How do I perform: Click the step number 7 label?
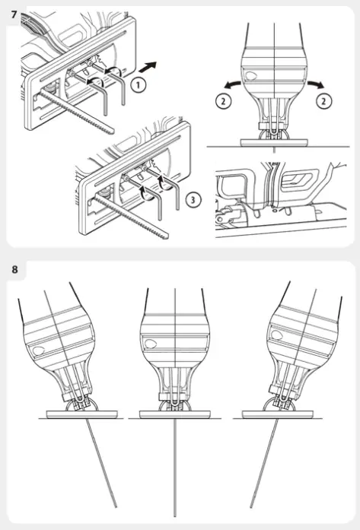click(x=14, y=15)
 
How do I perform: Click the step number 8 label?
click(x=14, y=270)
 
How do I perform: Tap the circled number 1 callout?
click(x=138, y=85)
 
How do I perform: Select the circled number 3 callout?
click(x=193, y=199)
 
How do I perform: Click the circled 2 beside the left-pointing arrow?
click(x=223, y=100)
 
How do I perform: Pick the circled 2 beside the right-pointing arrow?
click(x=323, y=100)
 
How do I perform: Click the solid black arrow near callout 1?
click(x=148, y=67)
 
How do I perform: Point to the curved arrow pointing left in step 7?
click(x=232, y=84)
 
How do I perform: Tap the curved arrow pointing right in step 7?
click(x=316, y=84)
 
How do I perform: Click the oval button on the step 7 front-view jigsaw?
click(x=250, y=76)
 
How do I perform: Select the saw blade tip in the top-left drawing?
click(x=113, y=132)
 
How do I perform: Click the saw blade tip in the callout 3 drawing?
click(x=166, y=236)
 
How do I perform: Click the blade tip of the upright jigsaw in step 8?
click(x=174, y=515)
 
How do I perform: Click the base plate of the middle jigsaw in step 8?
click(x=174, y=414)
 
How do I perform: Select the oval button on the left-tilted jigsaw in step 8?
click(x=38, y=351)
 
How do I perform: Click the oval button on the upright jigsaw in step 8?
click(x=151, y=344)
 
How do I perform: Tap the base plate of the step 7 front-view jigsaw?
click(x=274, y=142)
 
